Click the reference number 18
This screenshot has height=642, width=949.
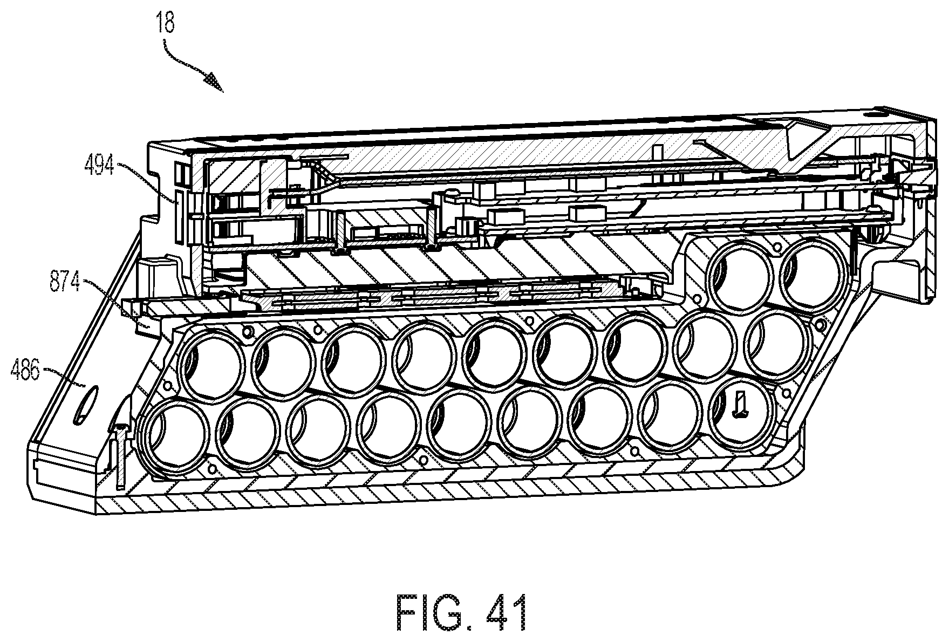(x=166, y=24)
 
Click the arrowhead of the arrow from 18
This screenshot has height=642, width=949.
(x=215, y=84)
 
